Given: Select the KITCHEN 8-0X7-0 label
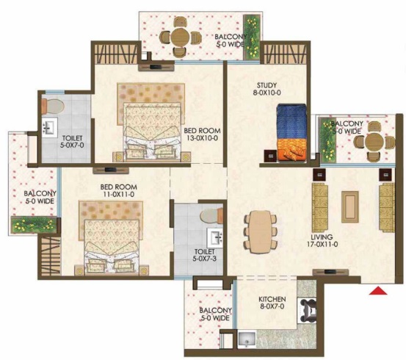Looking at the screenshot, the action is [272, 303].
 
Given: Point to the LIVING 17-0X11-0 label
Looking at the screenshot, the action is [322, 240].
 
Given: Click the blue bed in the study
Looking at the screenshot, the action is [291, 133].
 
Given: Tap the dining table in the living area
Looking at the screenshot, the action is [260, 232].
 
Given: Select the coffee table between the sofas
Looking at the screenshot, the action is [349, 207].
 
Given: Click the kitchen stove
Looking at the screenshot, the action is [308, 310].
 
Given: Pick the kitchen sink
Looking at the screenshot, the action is [247, 339].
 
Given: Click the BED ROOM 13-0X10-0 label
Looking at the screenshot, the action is [202, 134].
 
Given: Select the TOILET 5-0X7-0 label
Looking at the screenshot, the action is [72, 142].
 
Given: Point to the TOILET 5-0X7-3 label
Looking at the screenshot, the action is [205, 255].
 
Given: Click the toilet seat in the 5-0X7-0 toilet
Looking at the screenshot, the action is [53, 107].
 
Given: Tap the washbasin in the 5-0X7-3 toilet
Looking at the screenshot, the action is [215, 237].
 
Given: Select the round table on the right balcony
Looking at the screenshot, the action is [374, 142].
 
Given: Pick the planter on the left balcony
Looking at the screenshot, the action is [34, 225].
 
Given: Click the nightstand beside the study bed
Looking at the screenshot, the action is [271, 156].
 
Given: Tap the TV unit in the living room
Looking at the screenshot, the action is [330, 272].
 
